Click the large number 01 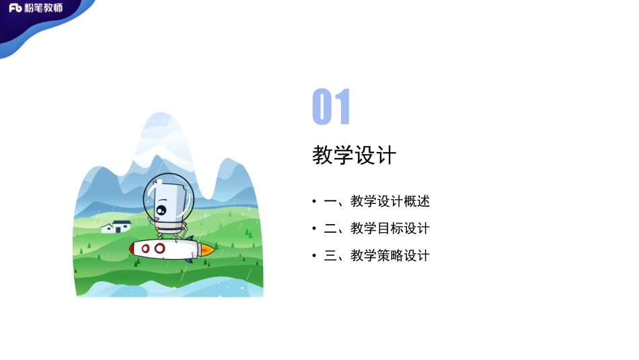(332, 108)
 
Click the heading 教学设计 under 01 (354, 155)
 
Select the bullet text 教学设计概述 (390, 201)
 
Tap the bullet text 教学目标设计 (390, 229)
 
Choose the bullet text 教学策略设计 (390, 256)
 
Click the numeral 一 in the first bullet (330, 201)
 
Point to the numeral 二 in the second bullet (330, 229)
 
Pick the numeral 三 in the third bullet (330, 256)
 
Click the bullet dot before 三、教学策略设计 (314, 256)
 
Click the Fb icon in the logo (15, 8)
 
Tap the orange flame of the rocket (208, 250)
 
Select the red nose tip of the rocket (133, 249)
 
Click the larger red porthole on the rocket (160, 248)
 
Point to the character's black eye (160, 210)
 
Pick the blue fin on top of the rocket (190, 238)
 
